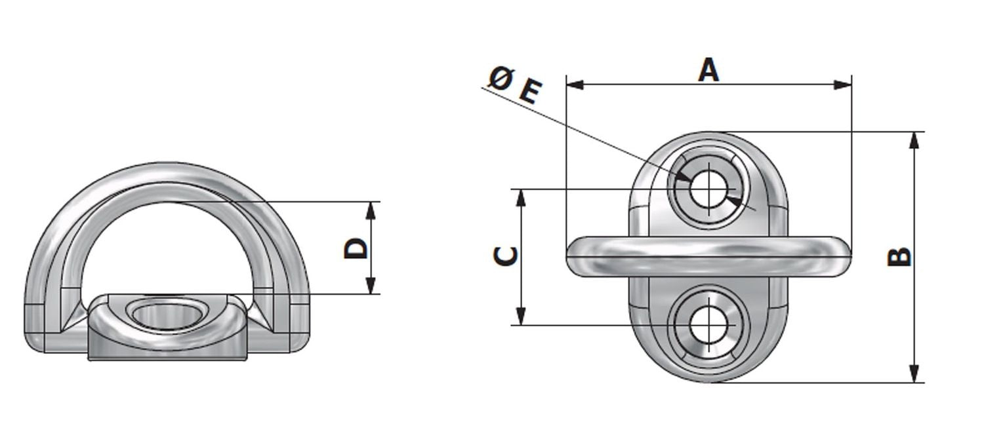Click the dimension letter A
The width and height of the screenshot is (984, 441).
[708, 70]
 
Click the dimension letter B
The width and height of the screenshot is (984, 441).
[899, 257]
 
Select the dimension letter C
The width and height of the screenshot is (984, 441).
[504, 256]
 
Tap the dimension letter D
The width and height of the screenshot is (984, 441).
[356, 249]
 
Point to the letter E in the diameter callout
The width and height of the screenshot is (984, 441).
[529, 92]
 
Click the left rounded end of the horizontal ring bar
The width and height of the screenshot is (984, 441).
[574, 256]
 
